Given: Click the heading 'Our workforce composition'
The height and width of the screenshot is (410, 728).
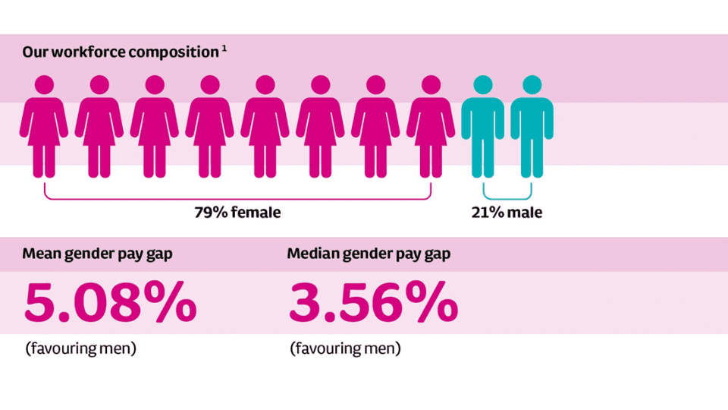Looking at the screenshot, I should point(121,52).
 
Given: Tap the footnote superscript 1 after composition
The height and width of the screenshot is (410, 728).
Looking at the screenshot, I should point(224,50).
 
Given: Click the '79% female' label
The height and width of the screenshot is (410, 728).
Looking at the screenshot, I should point(237,213).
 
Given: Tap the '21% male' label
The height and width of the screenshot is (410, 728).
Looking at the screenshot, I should point(507,213).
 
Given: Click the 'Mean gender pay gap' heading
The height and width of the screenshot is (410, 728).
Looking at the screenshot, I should point(97,254).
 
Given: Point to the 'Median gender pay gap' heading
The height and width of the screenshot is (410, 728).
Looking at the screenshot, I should point(369,254).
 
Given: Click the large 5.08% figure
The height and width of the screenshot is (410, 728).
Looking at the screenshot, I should point(110,303).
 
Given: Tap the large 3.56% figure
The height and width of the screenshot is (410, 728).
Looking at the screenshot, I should point(373,303).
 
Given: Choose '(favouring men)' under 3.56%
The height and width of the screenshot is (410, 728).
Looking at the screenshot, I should point(345,349).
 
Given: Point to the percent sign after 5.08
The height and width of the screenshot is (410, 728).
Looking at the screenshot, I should point(171,303).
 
